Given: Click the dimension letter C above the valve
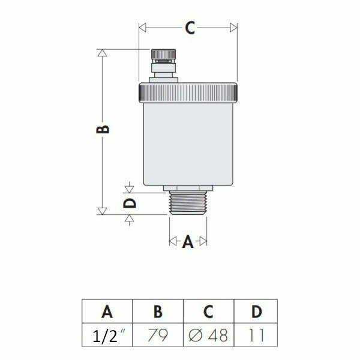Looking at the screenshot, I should click(190, 28).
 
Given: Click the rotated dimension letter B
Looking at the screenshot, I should click(103, 130).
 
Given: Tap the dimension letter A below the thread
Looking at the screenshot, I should click(187, 242).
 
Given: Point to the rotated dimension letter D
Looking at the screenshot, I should click(130, 203).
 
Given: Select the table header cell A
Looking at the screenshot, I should click(107, 311).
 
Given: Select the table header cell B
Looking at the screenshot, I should click(158, 311).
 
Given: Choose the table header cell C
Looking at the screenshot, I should click(208, 311).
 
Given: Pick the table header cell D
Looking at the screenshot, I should click(256, 311).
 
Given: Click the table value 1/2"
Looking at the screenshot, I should click(107, 335).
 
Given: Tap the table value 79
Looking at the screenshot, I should click(158, 335).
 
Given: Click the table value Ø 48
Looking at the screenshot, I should click(208, 335).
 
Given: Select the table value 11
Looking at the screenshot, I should click(256, 335).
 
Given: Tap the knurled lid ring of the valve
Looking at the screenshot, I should click(190, 92).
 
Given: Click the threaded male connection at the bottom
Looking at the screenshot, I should click(188, 203).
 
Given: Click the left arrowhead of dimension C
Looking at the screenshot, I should click(142, 28).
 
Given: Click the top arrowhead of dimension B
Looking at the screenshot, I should click(103, 52).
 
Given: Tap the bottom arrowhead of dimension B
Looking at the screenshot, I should click(103, 211).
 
